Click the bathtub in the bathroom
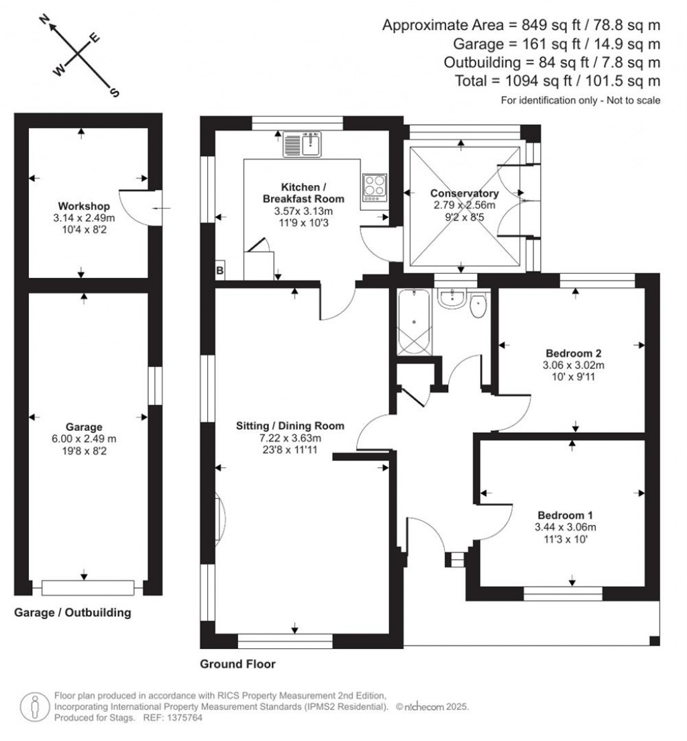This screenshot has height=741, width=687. [414, 322]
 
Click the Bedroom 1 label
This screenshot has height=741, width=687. [573, 514]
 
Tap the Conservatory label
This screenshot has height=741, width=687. [464, 193]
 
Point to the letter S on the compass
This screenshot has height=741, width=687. [113, 93]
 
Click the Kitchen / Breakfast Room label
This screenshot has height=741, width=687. [303, 193]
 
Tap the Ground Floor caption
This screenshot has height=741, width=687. [237, 664]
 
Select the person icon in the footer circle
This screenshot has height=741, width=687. [34, 706]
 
